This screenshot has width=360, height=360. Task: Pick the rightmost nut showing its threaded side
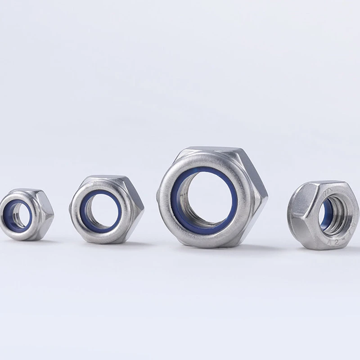(x=323, y=215)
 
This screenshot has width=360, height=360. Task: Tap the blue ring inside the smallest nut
(x=9, y=215)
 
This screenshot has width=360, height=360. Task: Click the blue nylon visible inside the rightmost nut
(x=324, y=214)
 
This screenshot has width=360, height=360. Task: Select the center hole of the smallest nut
(x=19, y=216)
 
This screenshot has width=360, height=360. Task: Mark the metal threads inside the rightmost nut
(x=336, y=215)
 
